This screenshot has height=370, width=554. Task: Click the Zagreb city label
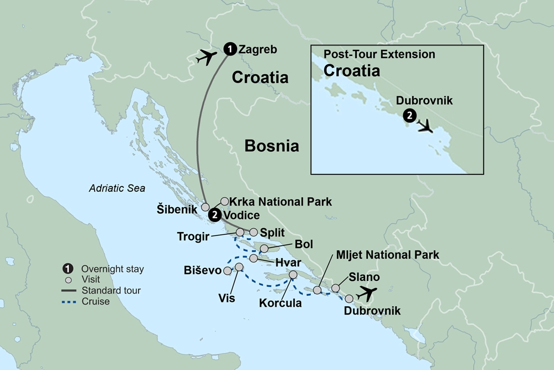click(x=257, y=50)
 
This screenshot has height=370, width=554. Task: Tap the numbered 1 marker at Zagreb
click(x=228, y=49)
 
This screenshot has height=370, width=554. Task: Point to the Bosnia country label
click(x=272, y=146)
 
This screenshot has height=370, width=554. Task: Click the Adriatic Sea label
click(x=117, y=188)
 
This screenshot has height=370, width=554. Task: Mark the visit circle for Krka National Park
click(x=224, y=202)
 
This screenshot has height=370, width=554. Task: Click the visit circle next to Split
click(x=254, y=233)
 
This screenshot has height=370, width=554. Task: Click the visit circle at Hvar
click(x=253, y=259)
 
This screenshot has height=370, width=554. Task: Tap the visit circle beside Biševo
click(x=227, y=271)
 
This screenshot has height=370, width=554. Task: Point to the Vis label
click(x=227, y=298)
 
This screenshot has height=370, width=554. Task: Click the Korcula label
click(x=280, y=303)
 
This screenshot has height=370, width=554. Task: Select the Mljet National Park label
click(x=388, y=255)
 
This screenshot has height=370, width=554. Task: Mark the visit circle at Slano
click(x=336, y=288)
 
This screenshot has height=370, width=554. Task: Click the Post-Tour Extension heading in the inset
click(x=379, y=55)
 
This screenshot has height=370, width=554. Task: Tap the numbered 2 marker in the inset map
click(x=409, y=116)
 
